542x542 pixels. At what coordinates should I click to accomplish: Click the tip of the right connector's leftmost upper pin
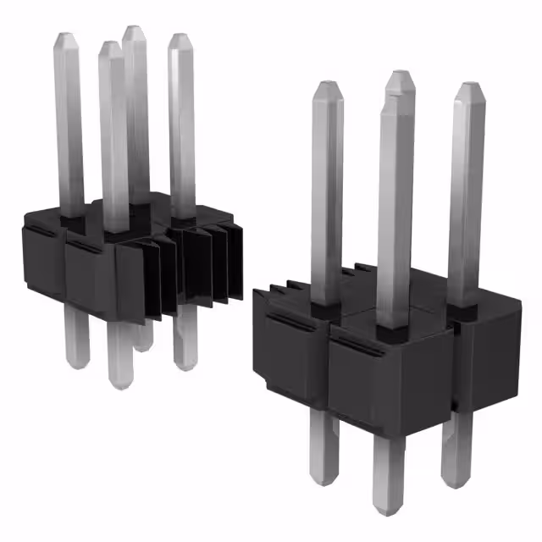pos(327,85)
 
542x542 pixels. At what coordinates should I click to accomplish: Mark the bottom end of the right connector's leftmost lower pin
pos(323,480)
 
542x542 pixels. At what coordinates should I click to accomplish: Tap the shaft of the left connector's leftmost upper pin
pos(69,127)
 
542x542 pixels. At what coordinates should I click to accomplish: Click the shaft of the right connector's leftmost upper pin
pos(327,195)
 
